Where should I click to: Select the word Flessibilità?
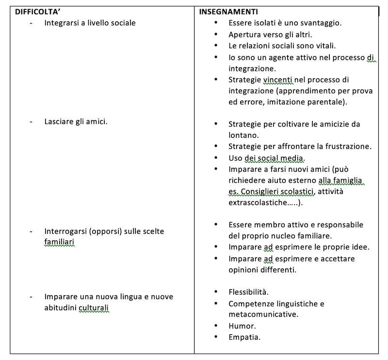pyautogui.click(x=248, y=292)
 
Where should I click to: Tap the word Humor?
pyautogui.click(x=242, y=326)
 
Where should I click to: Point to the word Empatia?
pyautogui.click(x=244, y=337)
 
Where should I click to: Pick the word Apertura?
pyautogui.click(x=244, y=35)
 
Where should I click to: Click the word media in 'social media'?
pyautogui.click(x=292, y=158)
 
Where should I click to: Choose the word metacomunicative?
pyautogui.click(x=263, y=314)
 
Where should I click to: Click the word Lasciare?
pyautogui.click(x=60, y=121)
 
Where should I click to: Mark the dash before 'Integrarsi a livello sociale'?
pyautogui.click(x=32, y=23)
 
